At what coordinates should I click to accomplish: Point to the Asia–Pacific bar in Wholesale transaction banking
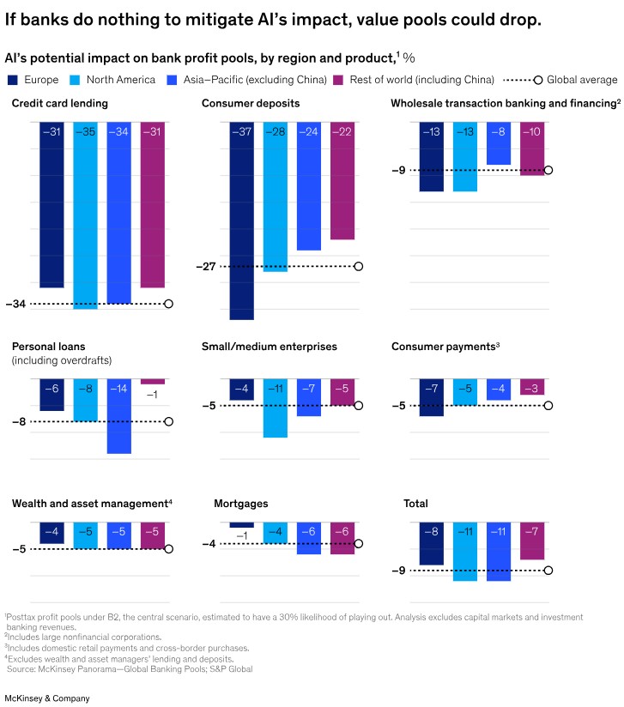click(499, 142)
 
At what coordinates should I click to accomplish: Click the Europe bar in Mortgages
click(242, 525)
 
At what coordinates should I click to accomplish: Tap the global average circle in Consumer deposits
click(359, 266)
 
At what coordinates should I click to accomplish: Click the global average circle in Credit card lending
click(168, 304)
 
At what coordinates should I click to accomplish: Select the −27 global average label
click(206, 267)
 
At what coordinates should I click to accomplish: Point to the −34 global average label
click(16, 304)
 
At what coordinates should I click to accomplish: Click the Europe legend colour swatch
click(12, 80)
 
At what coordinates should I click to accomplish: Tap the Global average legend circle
click(538, 80)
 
